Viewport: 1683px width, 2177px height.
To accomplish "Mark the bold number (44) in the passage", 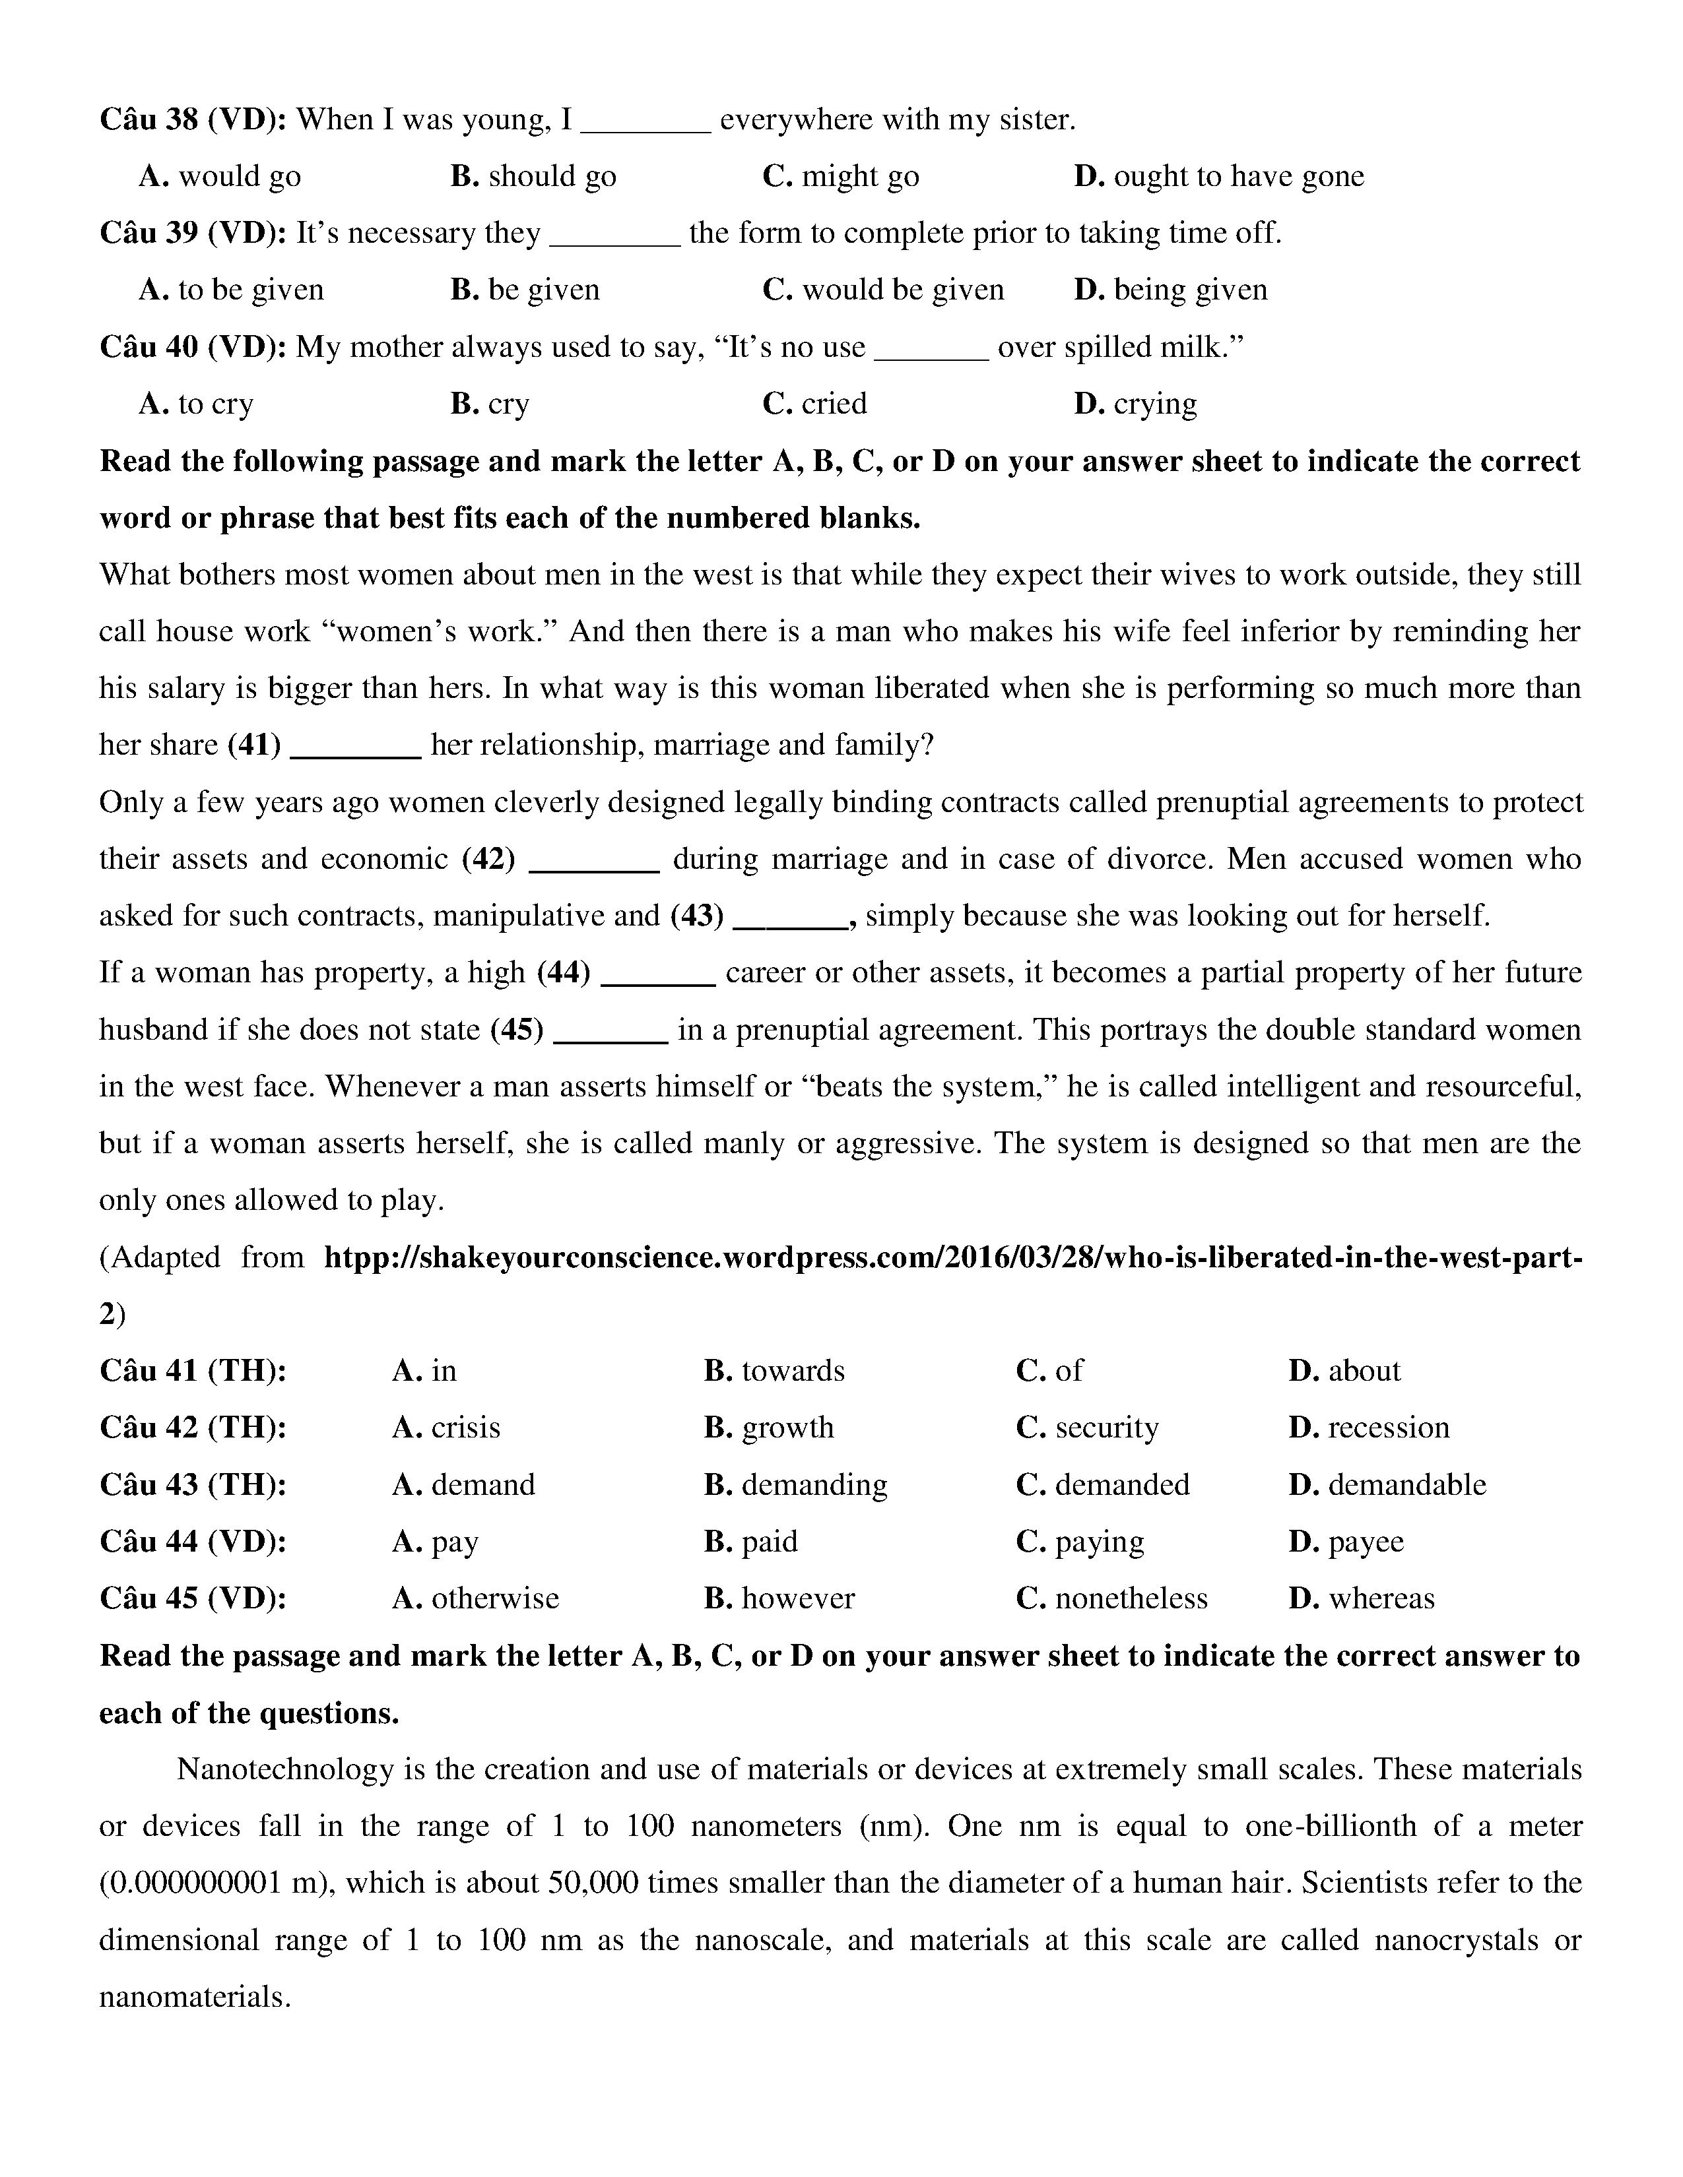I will click(564, 973).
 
